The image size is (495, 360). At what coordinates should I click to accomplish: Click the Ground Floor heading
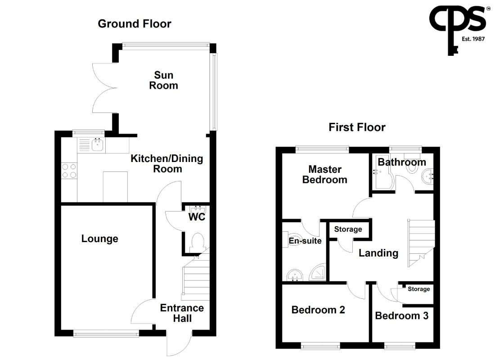(135, 24)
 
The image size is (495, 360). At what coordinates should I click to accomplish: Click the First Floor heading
(357, 127)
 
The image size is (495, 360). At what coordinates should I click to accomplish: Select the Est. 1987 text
(473, 39)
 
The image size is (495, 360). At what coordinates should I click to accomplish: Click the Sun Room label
(163, 80)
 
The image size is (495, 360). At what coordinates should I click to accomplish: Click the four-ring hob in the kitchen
(69, 171)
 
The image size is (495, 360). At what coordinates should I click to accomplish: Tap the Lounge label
(100, 238)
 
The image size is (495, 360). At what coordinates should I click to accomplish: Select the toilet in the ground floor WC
(198, 243)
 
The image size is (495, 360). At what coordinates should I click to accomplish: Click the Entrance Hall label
(182, 313)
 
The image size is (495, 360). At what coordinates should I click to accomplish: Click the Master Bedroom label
(325, 174)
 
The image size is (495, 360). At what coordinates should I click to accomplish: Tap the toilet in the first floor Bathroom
(412, 163)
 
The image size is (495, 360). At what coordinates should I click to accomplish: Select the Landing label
(378, 253)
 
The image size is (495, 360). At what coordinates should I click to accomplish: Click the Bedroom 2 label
(318, 310)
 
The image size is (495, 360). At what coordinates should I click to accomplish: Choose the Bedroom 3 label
(401, 315)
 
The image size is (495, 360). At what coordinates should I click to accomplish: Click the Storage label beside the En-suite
(348, 229)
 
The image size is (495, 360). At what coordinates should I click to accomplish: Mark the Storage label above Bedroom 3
(418, 289)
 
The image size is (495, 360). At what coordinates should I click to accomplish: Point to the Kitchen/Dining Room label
(167, 164)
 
